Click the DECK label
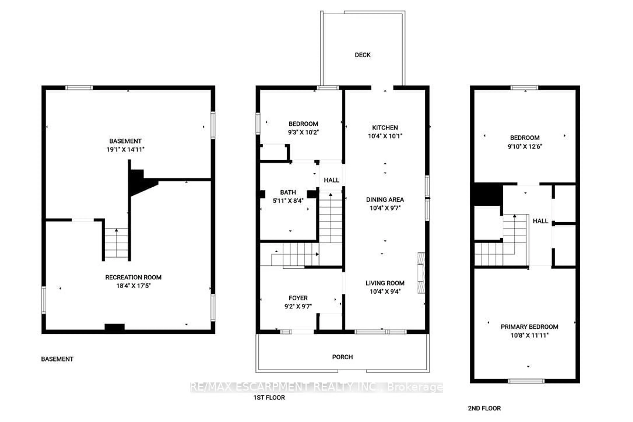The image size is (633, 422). coord(362,55)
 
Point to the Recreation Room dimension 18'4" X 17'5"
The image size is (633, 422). coord(133,286)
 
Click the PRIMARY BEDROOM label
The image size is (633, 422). coord(529,327)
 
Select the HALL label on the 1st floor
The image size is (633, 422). coord(331,180)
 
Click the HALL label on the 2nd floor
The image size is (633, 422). coord(540,221)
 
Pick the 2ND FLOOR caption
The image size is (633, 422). coord(484,408)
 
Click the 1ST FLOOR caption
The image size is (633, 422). coord(269,397)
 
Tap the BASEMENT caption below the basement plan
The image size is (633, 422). coord(57,359)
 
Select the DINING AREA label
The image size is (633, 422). coord(385,199)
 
